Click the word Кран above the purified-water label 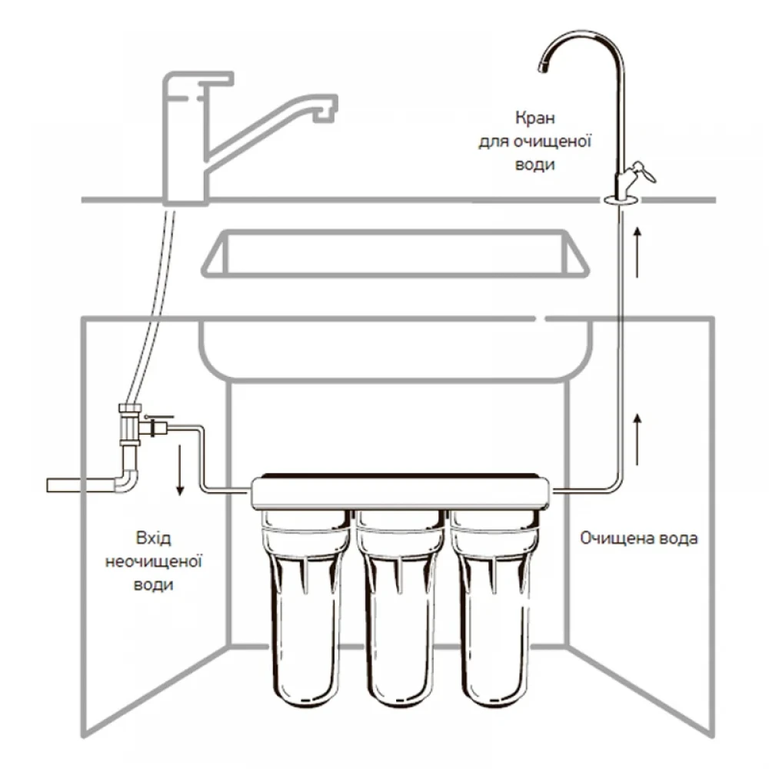(535, 119)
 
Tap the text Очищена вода (639, 538)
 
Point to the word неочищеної (153, 561)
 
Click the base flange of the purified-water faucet (620, 201)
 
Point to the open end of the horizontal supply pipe (51, 486)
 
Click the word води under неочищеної (153, 584)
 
